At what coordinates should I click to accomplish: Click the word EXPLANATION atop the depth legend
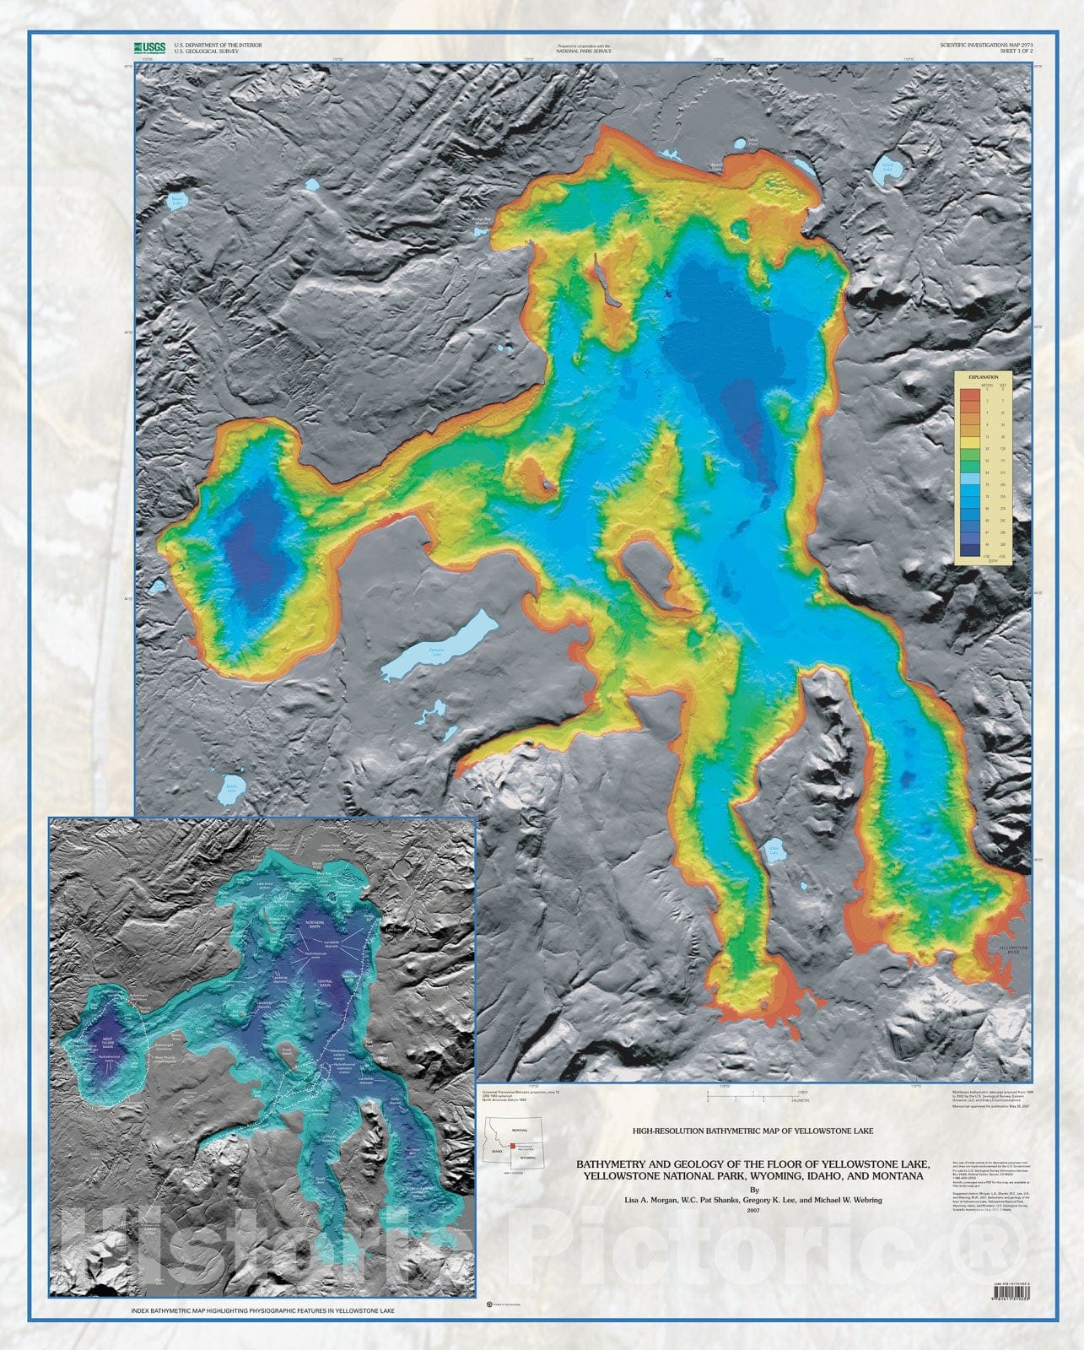(x=983, y=376)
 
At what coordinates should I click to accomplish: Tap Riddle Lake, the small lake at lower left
(x=231, y=791)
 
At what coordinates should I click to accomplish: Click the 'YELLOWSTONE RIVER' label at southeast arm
(x=1011, y=949)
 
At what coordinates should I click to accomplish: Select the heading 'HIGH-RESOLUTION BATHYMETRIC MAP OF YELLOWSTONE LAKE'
(x=752, y=1130)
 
